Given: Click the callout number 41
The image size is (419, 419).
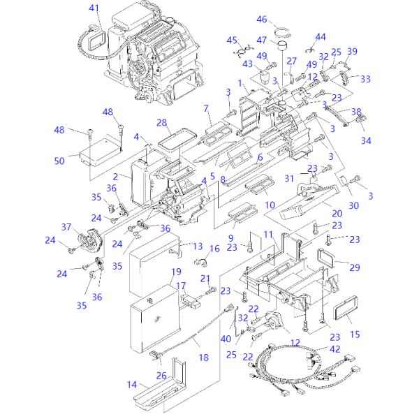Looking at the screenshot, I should point(94,8).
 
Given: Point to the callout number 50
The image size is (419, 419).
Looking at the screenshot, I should point(59,161).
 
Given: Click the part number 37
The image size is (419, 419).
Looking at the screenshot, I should point(67,227).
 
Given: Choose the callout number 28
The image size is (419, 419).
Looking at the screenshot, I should point(162,123).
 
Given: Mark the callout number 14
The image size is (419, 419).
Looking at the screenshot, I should point(132,384).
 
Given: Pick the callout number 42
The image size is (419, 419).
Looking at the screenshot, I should point(336,348).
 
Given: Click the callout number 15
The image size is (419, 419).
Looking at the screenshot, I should point(355,335).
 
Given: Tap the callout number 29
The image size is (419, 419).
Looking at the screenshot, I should point(355,267).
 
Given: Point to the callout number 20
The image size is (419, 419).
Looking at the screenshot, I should point(336,213).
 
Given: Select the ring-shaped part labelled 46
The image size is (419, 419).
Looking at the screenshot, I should point(282,31).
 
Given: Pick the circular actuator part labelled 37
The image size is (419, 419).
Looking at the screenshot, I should point(88,240).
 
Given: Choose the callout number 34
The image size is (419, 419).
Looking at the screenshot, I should point(366,140).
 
